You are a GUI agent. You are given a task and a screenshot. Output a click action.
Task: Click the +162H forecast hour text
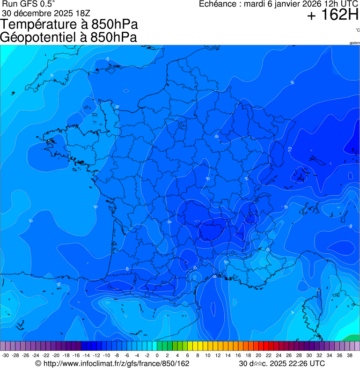pyautogui.click(x=333, y=16)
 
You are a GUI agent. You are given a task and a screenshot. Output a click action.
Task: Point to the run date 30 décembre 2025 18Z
pyautogui.click(x=49, y=13)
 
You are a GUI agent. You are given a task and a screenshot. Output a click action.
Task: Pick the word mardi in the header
pyautogui.click(x=256, y=4)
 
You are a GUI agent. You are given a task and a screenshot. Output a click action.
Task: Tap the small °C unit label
pyautogui.click(x=357, y=30)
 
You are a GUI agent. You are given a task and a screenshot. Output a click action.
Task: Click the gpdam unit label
pyautogui.click(x=354, y=43)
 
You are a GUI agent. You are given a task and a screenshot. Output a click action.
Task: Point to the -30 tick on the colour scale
pyautogui.click(x=6, y=356)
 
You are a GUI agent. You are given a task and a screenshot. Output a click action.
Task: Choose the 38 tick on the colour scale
pyautogui.click(x=349, y=356)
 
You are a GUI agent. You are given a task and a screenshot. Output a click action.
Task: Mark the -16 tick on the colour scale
pyautogui.click(x=76, y=356)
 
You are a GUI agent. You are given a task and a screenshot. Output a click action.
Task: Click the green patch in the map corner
pyautogui.click(x=351, y=339)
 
